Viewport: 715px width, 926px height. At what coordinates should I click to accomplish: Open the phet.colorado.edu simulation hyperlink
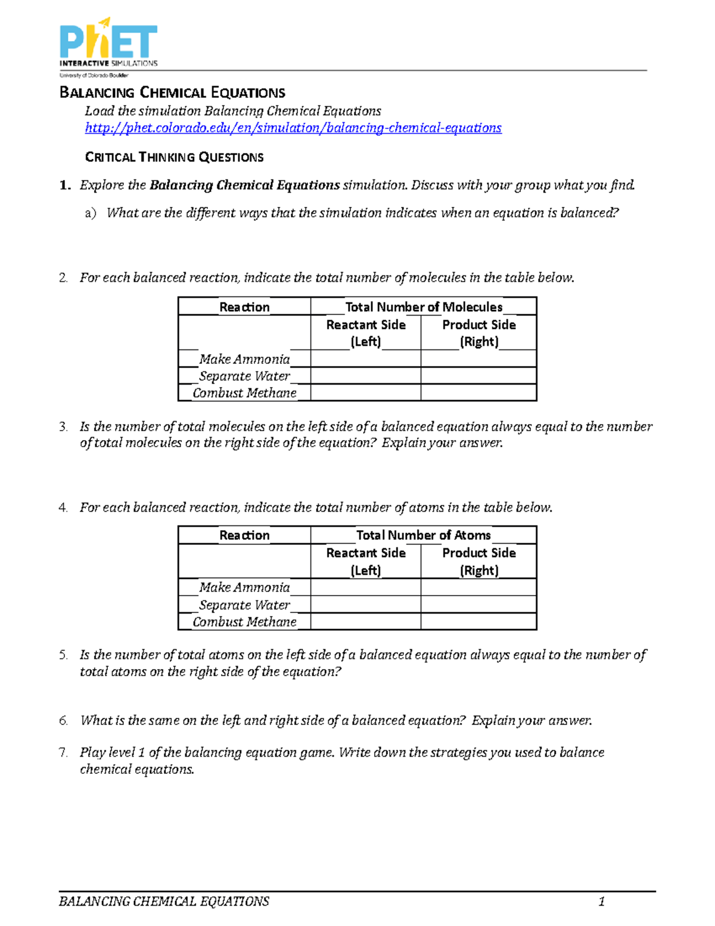293,128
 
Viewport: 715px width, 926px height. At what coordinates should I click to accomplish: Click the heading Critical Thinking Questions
174,157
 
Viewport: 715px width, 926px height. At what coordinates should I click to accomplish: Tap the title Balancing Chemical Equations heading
172,92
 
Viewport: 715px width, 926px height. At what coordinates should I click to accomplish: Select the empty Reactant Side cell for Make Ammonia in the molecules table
365,359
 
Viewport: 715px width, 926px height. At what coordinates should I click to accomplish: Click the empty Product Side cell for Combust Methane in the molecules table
478,393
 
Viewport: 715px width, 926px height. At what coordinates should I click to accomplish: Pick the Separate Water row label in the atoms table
244,605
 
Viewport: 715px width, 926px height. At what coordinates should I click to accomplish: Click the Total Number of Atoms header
423,535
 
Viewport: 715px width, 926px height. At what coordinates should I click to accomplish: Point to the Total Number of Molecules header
423,307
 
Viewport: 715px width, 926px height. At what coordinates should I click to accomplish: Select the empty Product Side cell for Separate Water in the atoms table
478,605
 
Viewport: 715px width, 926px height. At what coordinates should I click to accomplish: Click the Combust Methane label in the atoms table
244,622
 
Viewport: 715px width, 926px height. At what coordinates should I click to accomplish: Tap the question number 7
63,752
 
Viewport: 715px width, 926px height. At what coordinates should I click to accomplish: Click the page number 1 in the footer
601,901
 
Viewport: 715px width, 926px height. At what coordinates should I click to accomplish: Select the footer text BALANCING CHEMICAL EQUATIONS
164,901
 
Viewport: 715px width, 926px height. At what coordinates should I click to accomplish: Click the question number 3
63,427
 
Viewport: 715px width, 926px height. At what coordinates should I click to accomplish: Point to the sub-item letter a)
90,213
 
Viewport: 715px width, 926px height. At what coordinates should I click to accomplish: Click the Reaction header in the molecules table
244,307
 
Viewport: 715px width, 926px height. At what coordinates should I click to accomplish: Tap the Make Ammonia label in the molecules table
244,359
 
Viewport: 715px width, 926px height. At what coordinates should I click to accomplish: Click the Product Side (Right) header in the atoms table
478,561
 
